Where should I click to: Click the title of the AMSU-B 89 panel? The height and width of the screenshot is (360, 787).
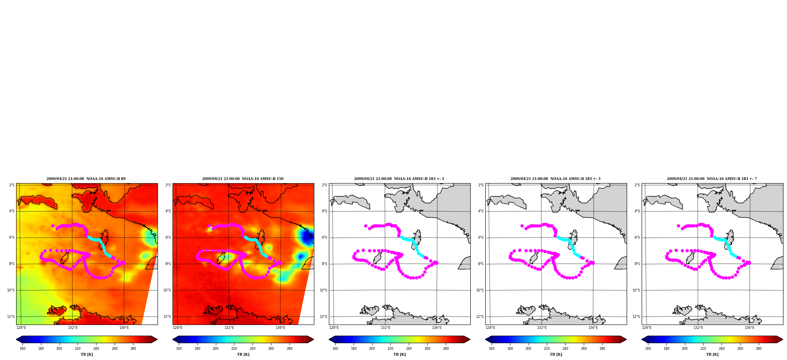[86, 179]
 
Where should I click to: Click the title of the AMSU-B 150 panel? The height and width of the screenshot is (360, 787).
[243, 179]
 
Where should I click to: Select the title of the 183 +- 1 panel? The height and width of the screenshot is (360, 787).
[399, 179]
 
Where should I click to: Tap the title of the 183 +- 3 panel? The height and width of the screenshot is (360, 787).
[555, 179]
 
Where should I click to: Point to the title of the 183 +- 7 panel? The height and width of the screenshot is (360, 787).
[712, 179]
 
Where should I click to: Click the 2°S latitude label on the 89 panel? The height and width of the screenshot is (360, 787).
[12, 185]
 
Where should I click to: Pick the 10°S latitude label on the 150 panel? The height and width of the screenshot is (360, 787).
[167, 290]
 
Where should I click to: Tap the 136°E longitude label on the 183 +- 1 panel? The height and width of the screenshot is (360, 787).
[437, 328]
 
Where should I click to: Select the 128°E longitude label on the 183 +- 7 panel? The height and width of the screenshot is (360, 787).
[647, 328]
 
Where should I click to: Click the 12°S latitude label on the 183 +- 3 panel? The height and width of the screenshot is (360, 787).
[480, 317]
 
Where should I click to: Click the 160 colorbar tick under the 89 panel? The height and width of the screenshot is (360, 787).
[22, 348]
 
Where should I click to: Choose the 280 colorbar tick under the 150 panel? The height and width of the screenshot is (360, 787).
[290, 348]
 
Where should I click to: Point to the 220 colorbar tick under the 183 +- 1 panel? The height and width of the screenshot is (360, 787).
[390, 348]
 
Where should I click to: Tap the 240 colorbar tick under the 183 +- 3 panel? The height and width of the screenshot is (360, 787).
[565, 348]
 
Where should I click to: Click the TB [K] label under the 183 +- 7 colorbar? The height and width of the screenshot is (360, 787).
[712, 354]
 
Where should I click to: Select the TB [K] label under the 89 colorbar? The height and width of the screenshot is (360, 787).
[87, 354]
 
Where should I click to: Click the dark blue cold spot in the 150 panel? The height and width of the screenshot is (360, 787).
[305, 237]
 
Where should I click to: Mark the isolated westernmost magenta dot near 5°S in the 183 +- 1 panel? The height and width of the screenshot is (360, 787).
[366, 226]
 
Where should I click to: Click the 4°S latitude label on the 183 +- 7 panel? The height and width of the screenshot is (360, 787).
[637, 211]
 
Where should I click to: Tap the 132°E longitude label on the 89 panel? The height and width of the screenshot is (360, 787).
[73, 328]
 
